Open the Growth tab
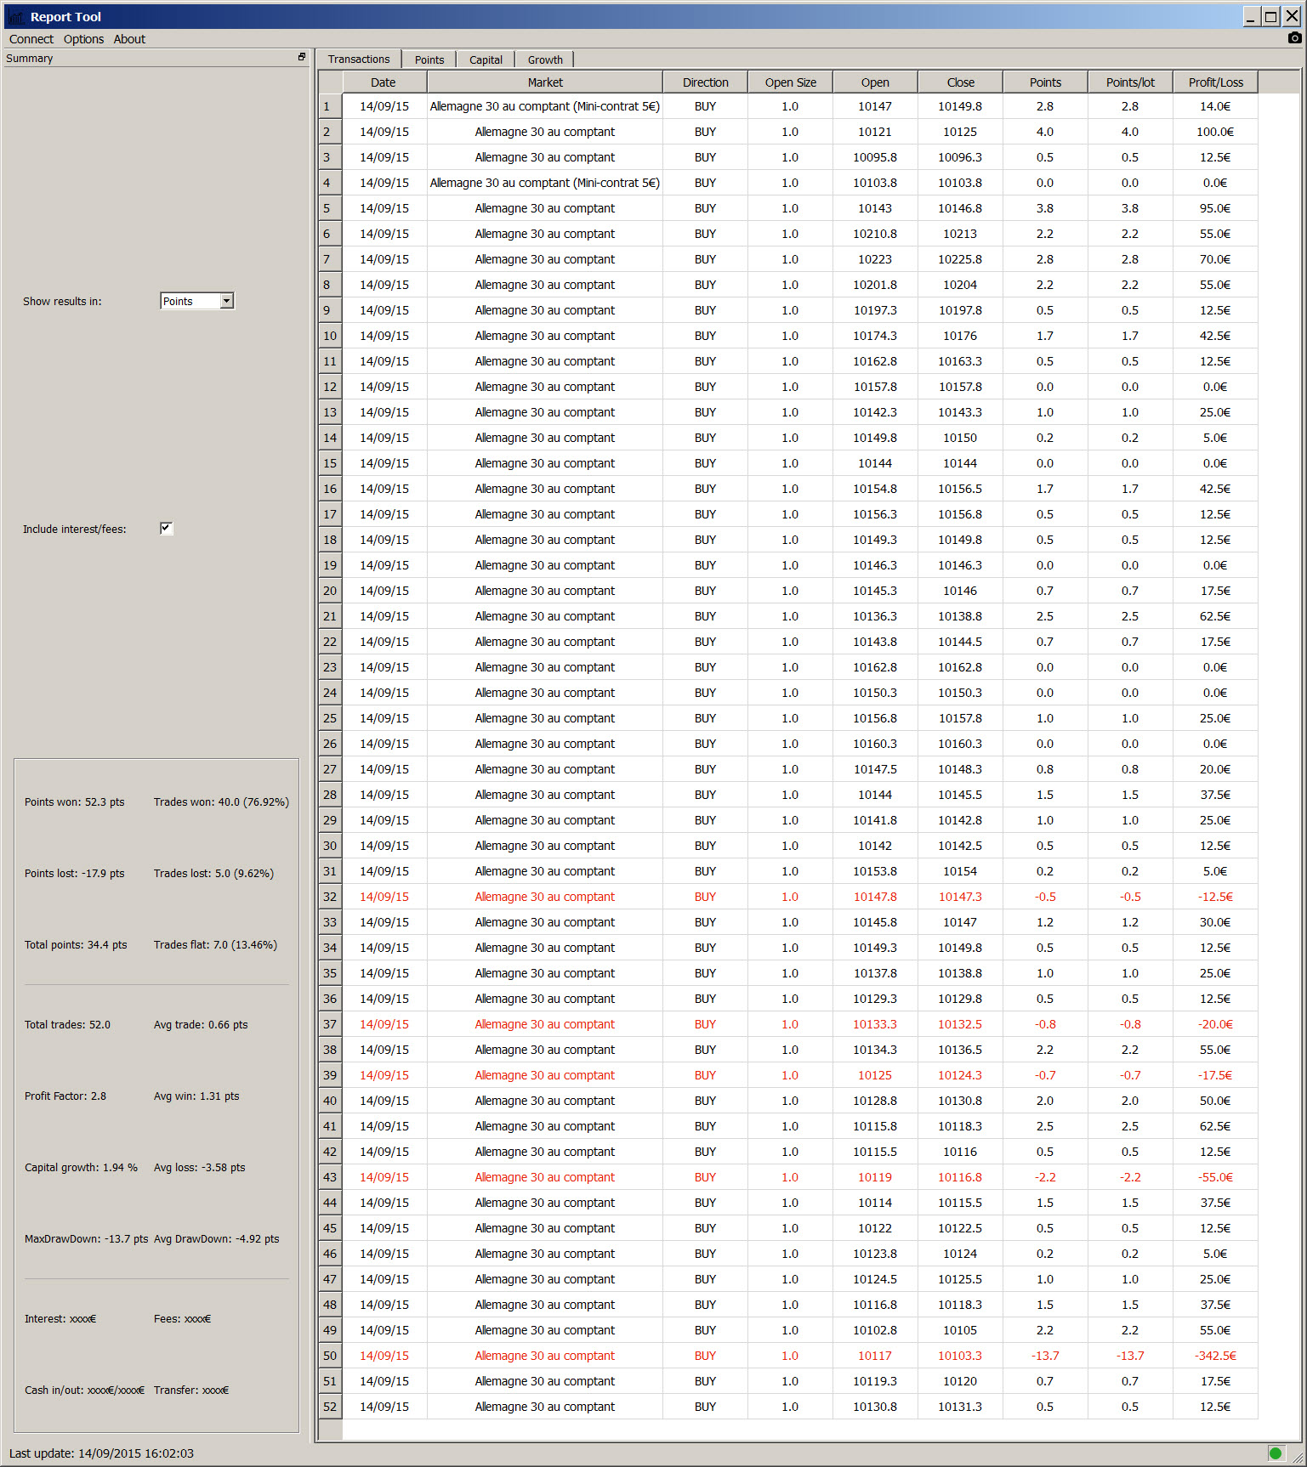tap(545, 59)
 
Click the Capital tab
tap(486, 59)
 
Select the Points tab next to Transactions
tap(429, 59)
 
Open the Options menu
tap(83, 39)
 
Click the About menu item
tap(129, 39)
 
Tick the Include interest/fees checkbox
tap(166, 529)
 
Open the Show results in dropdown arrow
tap(226, 301)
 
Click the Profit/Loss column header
tap(1215, 82)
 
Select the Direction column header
tap(705, 82)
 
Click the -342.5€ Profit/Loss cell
tap(1215, 1356)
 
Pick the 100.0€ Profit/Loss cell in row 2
tap(1215, 132)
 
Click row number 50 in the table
tap(330, 1356)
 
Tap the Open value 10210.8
tap(875, 234)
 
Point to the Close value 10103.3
tap(960, 1356)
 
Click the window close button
tap(1291, 16)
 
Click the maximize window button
tap(1270, 16)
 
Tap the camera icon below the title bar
tap(1294, 38)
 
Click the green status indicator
tap(1275, 1453)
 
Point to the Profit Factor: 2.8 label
tap(65, 1096)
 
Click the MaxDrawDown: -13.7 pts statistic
tap(86, 1239)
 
